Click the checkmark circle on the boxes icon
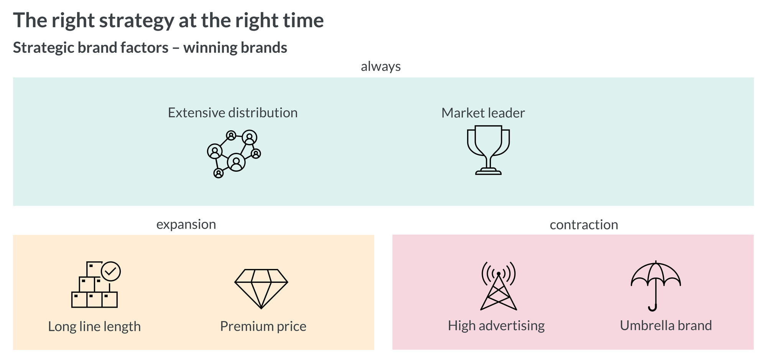click(111, 271)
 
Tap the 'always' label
click(381, 66)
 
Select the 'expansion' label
click(186, 225)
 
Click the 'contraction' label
click(584, 225)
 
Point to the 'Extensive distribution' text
click(233, 113)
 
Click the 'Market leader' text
click(483, 113)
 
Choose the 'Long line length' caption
click(94, 326)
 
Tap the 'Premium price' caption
click(263, 326)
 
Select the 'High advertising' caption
click(496, 326)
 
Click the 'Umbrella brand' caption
click(666, 325)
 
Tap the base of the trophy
click(488, 171)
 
